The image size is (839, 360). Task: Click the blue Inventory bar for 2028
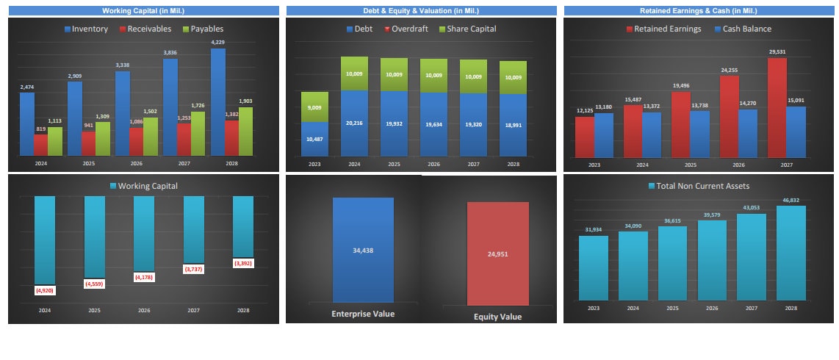coord(217,103)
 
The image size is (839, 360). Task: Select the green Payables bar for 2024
coord(55,141)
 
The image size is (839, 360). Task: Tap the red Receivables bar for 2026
coord(136,142)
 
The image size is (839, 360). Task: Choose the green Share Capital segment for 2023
coord(314,107)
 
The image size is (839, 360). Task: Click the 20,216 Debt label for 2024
coord(354,123)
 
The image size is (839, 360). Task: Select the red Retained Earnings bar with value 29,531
coord(777,107)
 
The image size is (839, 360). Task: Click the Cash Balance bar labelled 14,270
coord(748,133)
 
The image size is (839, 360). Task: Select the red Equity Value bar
coord(497,253)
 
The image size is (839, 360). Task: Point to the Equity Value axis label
coord(497,317)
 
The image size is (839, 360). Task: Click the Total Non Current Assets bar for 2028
coord(791,253)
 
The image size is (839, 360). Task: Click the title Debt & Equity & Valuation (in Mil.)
coord(422,11)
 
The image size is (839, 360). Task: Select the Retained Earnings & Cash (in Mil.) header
coord(698,11)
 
